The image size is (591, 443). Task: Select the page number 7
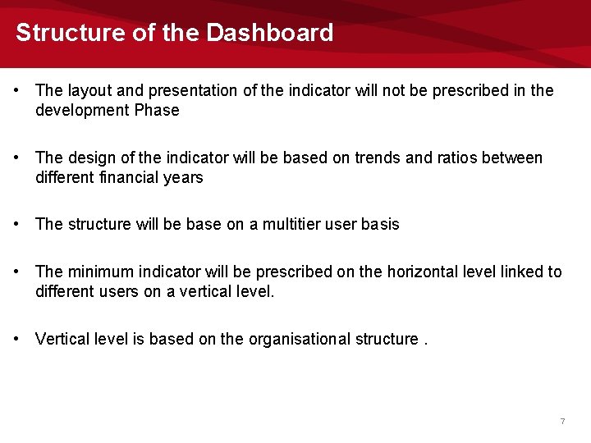(562, 421)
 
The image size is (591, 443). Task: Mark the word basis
(380, 224)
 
